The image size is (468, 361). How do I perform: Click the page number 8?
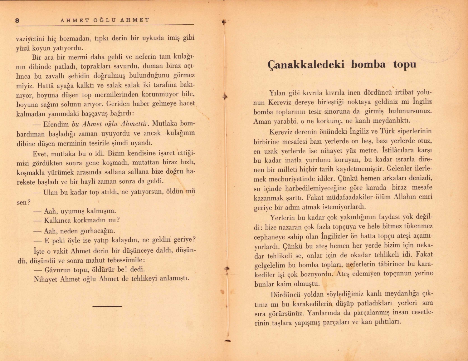(17, 21)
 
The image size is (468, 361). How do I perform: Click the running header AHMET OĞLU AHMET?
(105, 20)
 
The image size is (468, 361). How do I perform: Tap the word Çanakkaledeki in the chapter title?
(306, 64)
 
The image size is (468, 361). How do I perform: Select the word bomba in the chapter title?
(368, 64)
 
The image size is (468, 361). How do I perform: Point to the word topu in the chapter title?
(405, 64)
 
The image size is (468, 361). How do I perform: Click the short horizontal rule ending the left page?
(107, 306)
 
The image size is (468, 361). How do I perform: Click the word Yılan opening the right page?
(277, 93)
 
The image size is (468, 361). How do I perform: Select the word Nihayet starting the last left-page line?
(46, 279)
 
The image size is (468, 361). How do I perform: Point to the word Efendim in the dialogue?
(56, 124)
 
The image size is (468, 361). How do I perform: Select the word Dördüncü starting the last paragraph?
(285, 294)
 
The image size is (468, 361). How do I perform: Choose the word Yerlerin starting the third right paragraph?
(282, 218)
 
